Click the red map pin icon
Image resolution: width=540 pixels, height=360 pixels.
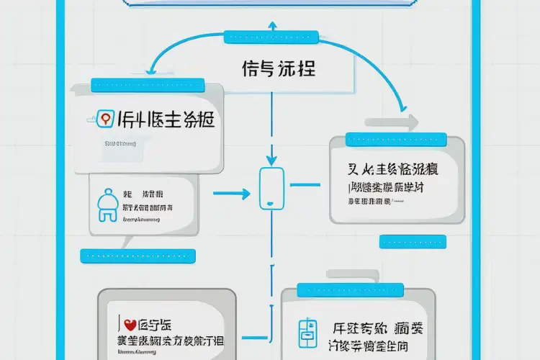(x=104, y=119)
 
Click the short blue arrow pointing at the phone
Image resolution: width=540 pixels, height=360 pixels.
(x=234, y=193)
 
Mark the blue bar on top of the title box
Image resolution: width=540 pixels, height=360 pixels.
(x=272, y=35)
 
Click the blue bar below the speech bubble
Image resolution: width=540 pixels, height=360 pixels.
(x=138, y=255)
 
